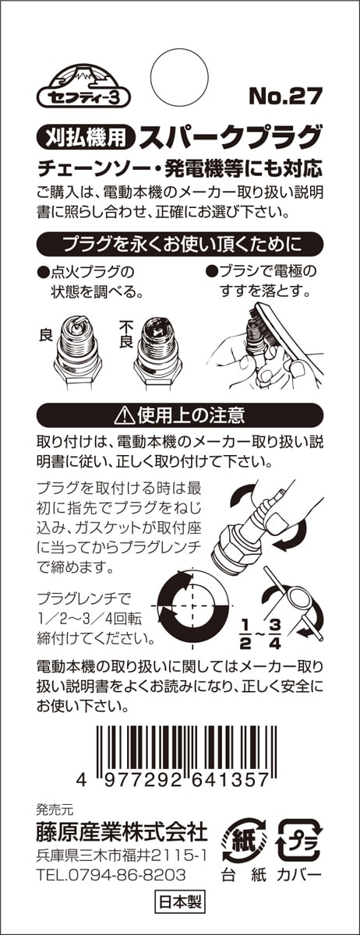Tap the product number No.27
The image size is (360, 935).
point(286,96)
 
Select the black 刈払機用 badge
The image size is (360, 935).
point(86,136)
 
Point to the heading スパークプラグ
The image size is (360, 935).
point(231,136)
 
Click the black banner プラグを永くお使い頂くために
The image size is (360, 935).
point(180,244)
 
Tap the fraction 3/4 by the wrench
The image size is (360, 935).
point(275,633)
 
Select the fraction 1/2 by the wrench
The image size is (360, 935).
point(245,633)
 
